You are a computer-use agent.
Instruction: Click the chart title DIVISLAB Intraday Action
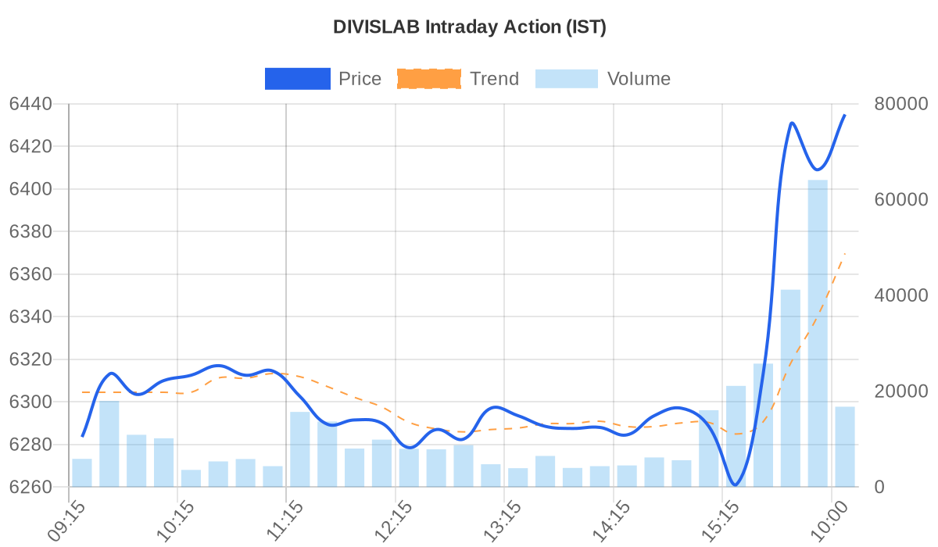[x=469, y=27]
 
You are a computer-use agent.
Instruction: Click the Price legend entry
[x=323, y=79]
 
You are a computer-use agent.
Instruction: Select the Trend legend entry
[x=457, y=79]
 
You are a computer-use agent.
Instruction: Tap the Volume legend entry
[x=602, y=79]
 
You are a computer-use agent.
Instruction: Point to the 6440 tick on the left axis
[x=30, y=104]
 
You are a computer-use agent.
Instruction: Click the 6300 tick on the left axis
[x=30, y=402]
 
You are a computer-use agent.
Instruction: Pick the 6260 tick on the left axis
[x=30, y=488]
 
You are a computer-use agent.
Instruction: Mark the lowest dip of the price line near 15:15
[x=735, y=485]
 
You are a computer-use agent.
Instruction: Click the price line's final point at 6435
[x=844, y=115]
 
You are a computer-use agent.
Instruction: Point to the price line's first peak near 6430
[x=792, y=123]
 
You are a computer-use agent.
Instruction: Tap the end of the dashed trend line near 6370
[x=844, y=254]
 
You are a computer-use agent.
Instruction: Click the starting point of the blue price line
[x=82, y=436]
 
